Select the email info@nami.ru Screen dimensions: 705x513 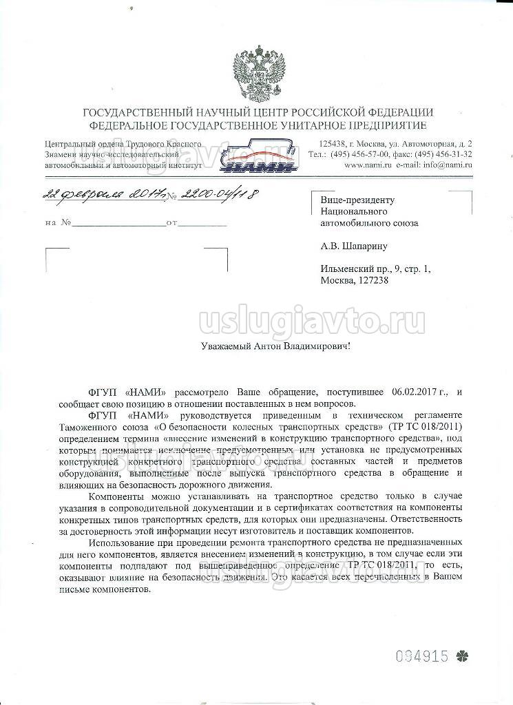[x=447, y=166]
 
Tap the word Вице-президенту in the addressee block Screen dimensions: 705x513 [x=357, y=200]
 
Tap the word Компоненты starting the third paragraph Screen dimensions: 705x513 [x=113, y=498]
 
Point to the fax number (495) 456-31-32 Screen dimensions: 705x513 [x=444, y=155]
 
